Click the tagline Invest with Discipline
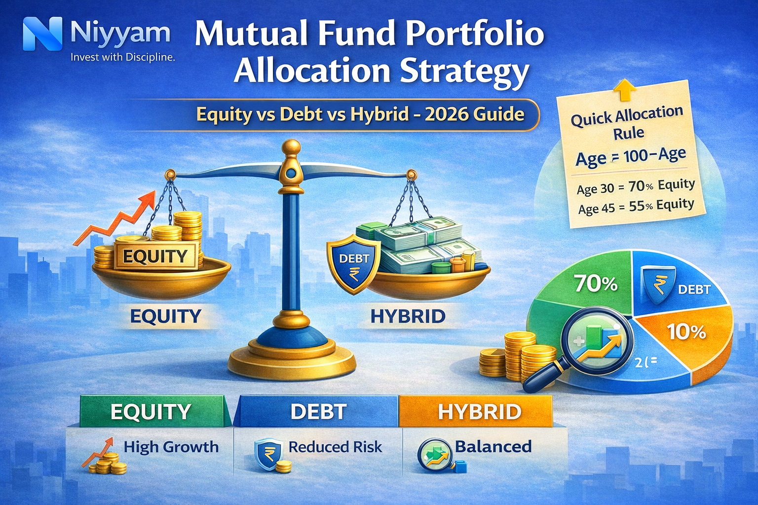coord(122,57)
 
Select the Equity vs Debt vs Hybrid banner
coord(360,114)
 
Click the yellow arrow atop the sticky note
coord(623,91)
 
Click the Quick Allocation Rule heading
coord(627,123)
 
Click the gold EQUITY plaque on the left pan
coord(155,256)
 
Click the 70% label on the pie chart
coord(595,284)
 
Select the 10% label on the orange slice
coord(686,332)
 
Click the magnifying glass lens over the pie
coord(598,341)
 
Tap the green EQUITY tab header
coord(151,411)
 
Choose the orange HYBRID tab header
coord(479,411)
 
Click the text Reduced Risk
coord(335,447)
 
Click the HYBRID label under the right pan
coord(408,316)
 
